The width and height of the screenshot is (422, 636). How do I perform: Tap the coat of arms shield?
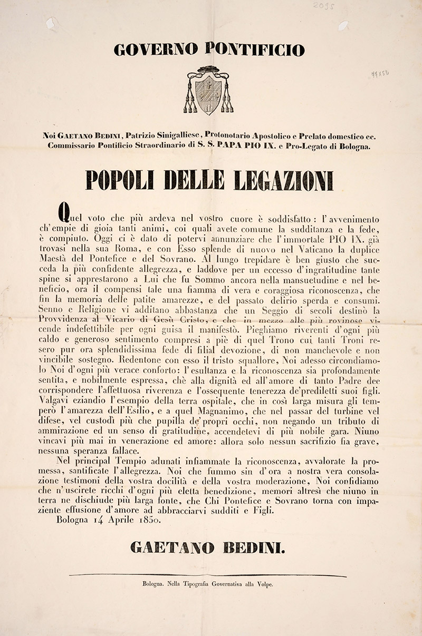click(208, 94)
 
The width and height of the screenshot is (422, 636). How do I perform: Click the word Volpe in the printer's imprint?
click(263, 584)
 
